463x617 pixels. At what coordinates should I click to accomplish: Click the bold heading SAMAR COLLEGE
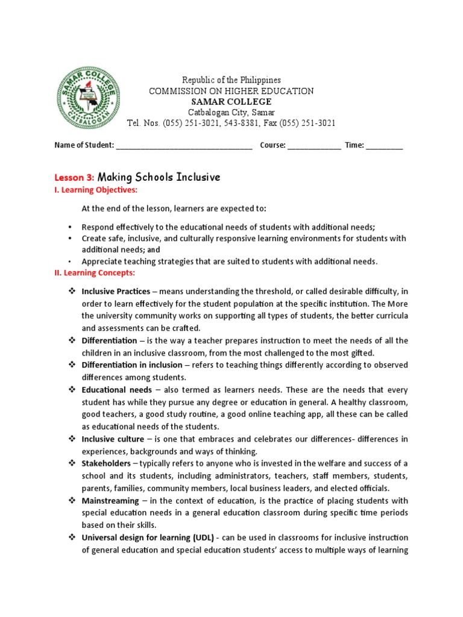click(231, 102)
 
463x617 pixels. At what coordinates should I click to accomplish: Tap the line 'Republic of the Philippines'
click(231, 80)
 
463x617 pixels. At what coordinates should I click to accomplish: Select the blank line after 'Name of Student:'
click(184, 146)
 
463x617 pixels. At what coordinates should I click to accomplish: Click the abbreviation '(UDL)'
click(203, 537)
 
